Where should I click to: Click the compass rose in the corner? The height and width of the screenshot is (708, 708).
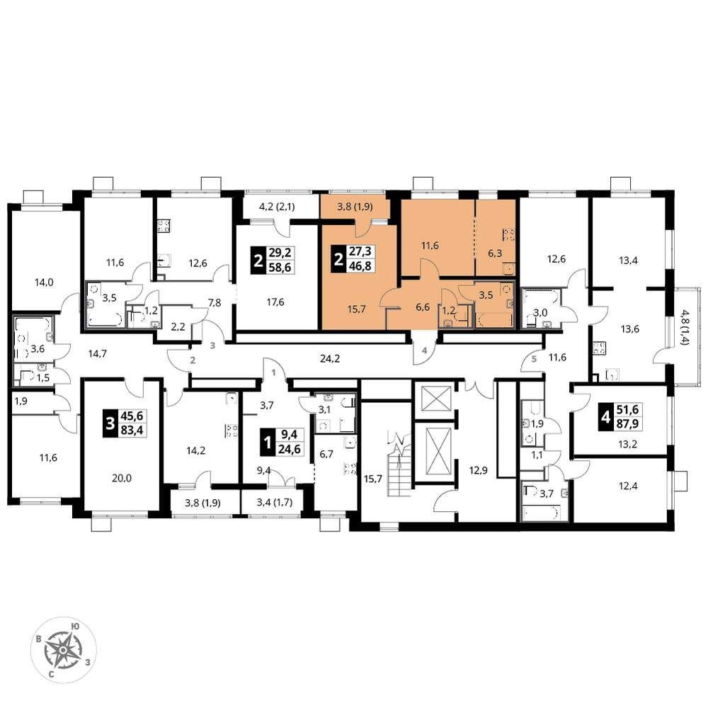[64, 650]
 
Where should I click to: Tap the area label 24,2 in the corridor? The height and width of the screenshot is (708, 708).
[330, 358]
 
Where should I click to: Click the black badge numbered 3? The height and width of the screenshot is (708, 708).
[109, 423]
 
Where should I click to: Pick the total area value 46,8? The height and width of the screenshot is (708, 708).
[360, 266]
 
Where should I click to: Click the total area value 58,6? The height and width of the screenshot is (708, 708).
[280, 268]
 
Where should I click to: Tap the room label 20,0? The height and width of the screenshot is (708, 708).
[122, 478]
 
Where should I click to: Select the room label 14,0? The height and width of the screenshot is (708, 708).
[44, 282]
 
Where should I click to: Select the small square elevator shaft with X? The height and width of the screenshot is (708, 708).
[436, 398]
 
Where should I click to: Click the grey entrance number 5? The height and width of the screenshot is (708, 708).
[534, 360]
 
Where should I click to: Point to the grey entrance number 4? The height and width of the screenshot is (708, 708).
[424, 350]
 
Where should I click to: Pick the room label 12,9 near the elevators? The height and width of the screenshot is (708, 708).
[478, 470]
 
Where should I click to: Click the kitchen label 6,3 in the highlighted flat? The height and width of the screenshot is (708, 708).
[495, 253]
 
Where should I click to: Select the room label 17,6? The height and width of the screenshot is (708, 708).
[275, 302]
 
